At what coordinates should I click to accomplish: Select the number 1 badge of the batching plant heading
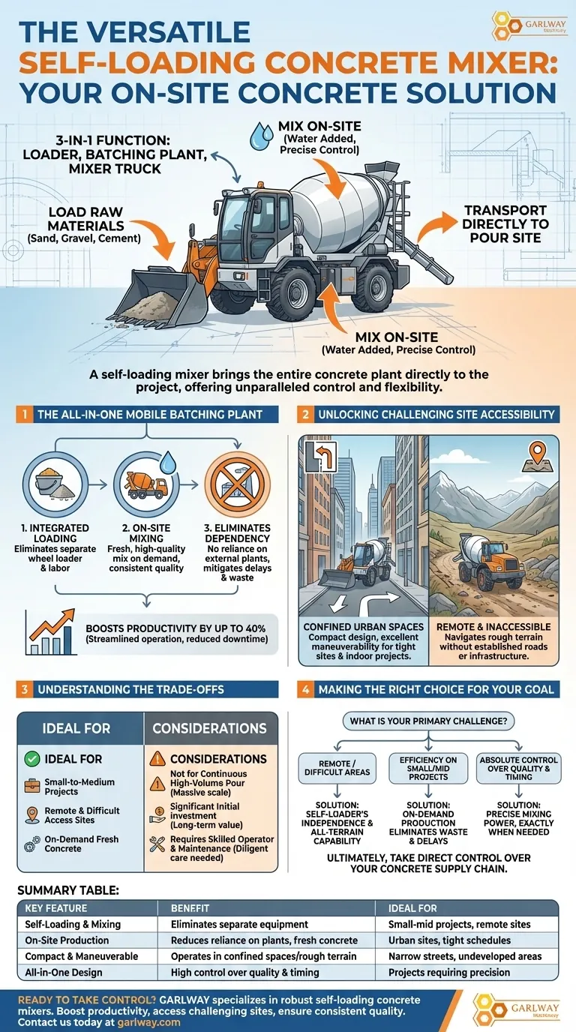click(x=24, y=414)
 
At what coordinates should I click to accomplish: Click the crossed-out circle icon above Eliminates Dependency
click(x=237, y=484)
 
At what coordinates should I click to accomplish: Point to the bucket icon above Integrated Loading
click(x=55, y=484)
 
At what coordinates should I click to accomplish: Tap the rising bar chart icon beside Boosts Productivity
click(x=50, y=631)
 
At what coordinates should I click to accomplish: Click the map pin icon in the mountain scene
click(x=537, y=457)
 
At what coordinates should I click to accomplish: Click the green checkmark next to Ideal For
click(x=31, y=759)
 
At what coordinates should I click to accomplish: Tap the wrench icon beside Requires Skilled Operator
click(x=157, y=844)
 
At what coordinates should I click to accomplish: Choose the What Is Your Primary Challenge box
click(x=428, y=721)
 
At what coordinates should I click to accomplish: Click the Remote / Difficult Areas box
click(x=337, y=768)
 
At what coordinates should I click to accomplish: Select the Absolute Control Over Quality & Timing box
click(x=518, y=768)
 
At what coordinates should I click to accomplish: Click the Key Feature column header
click(x=55, y=908)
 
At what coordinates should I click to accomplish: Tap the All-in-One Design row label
click(x=64, y=973)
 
